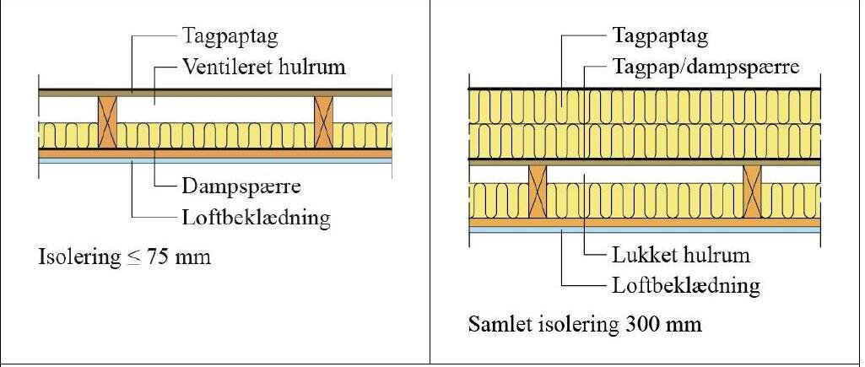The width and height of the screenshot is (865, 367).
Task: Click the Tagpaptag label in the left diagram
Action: point(230,37)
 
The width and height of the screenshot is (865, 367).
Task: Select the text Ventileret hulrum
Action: point(263,67)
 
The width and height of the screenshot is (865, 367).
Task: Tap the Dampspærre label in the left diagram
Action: point(241,186)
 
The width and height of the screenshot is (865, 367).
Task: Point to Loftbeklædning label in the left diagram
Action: point(256,218)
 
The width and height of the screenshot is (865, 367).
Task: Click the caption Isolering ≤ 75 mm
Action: point(125,257)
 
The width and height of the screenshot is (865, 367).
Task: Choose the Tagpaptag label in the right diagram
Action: point(660,37)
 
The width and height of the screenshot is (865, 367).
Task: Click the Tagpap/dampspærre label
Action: point(706,67)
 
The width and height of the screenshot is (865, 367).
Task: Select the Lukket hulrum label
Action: point(681,256)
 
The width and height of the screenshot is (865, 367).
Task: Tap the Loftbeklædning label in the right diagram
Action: point(686,286)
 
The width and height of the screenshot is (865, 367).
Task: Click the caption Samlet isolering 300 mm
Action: point(585,324)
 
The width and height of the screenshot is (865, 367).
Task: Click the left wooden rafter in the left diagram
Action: point(107,122)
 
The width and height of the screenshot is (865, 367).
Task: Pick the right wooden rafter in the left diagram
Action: point(324,122)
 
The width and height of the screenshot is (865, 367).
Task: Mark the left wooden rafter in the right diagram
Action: point(538,192)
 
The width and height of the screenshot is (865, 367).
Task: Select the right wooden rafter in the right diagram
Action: point(753,192)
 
